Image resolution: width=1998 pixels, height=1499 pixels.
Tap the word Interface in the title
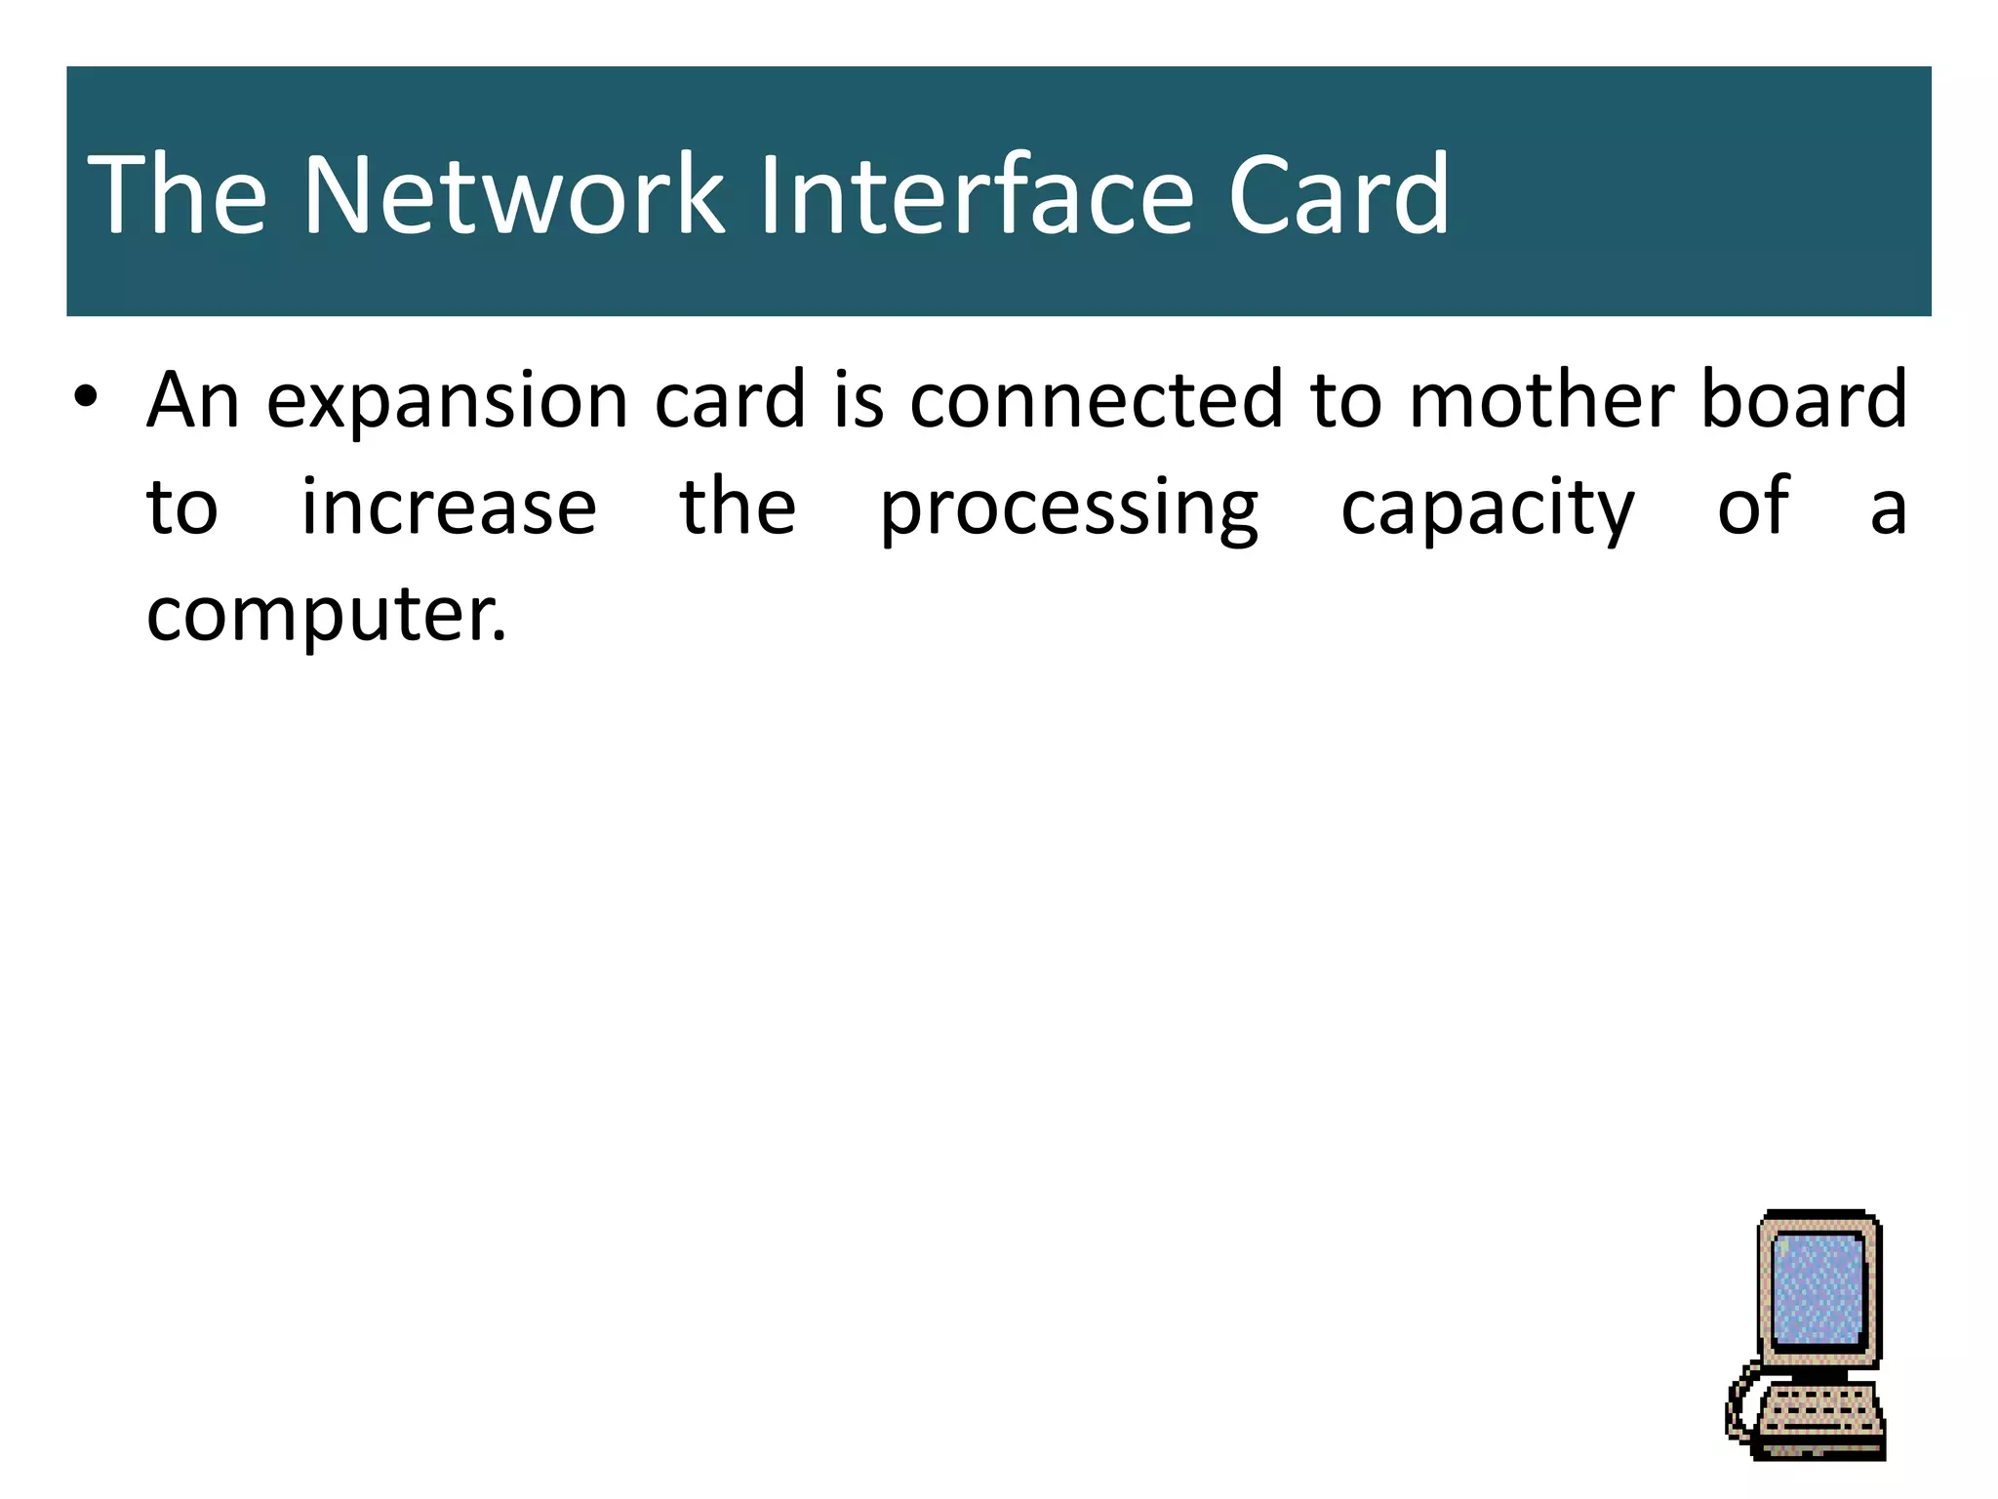click(x=976, y=195)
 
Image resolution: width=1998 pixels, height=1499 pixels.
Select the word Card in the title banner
click(x=1339, y=195)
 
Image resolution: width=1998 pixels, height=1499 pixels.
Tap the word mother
click(x=1542, y=400)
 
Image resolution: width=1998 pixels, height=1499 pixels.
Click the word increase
click(x=448, y=507)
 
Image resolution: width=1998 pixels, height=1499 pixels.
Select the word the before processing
click(x=738, y=507)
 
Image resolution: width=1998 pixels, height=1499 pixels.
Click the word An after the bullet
click(x=193, y=400)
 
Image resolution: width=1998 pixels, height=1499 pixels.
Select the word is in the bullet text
click(x=858, y=400)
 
